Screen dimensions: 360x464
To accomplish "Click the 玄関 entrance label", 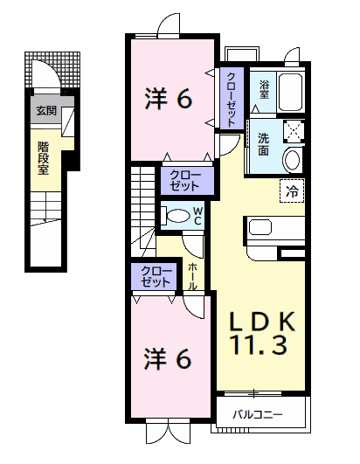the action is (x=46, y=111).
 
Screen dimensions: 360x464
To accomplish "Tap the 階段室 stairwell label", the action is (x=43, y=159).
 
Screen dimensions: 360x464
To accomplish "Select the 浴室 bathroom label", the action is (x=264, y=89).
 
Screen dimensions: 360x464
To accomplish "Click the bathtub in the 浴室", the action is (x=291, y=91).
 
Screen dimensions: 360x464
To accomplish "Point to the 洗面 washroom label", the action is (x=263, y=144).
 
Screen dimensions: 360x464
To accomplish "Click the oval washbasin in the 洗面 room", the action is (x=292, y=160).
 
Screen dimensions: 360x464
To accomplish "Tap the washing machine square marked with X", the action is (x=294, y=130).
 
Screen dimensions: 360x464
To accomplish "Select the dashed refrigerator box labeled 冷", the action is (x=292, y=190).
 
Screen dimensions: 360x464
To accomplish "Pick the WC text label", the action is (x=197, y=216).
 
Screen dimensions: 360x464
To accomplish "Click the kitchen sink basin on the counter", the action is (x=260, y=227).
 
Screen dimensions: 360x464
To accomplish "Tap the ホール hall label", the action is (x=192, y=276).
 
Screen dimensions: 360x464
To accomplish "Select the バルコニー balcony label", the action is (x=258, y=414).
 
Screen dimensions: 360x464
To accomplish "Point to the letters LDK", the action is (x=262, y=321).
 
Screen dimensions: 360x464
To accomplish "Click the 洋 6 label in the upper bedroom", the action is (x=169, y=98).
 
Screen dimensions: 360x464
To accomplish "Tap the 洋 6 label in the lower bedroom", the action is (x=168, y=358).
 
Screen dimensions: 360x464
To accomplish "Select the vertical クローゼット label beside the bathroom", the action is (x=232, y=100).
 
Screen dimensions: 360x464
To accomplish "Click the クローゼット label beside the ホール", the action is (x=156, y=276).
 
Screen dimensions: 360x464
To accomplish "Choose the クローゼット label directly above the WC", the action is (x=185, y=181).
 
